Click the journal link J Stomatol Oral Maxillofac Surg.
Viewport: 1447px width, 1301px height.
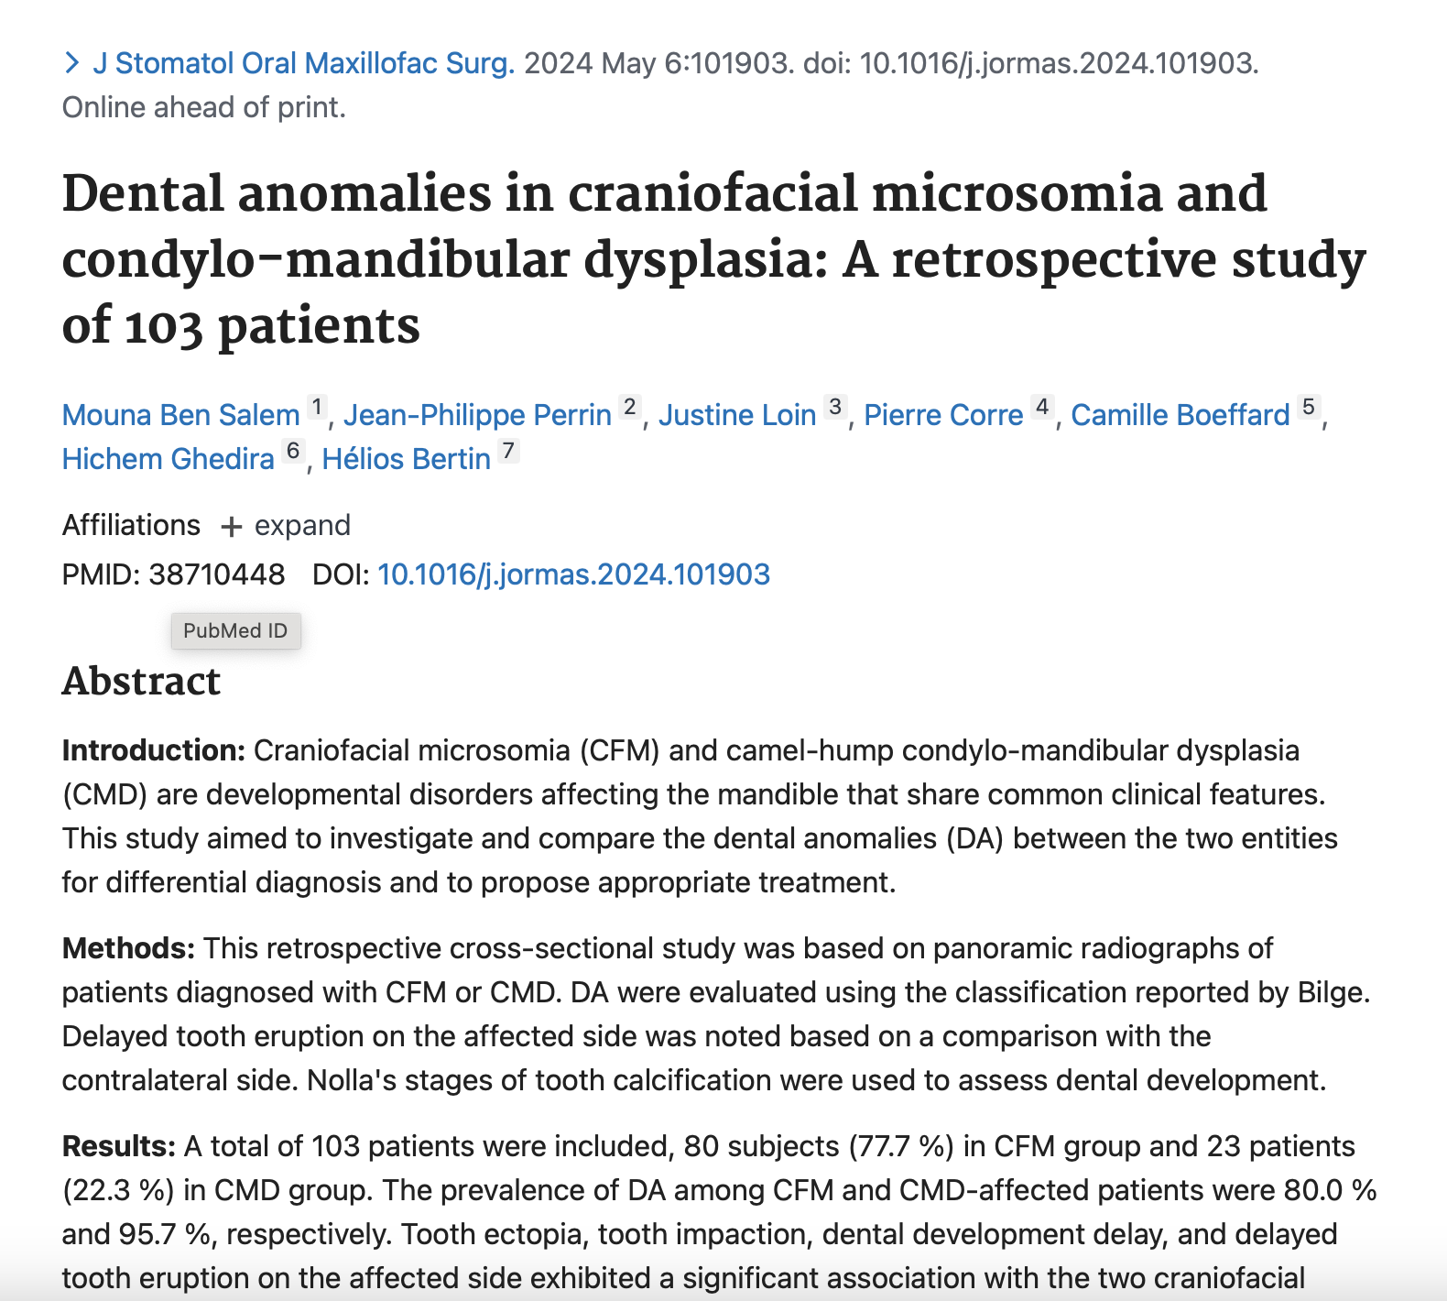pos(304,63)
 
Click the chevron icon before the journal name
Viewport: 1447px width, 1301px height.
pos(71,63)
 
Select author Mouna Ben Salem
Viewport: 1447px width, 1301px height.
pos(181,415)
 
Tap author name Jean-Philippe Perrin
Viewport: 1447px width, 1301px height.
pos(477,415)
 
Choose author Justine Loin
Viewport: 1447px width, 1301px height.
pos(737,415)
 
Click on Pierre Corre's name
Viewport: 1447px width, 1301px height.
pos(944,415)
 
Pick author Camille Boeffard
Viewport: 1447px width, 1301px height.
pos(1180,415)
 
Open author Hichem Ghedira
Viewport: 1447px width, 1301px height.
pos(169,459)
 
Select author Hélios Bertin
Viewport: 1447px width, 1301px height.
pos(407,459)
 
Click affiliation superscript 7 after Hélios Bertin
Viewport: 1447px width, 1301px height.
pos(509,451)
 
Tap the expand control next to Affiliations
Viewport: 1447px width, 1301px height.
pos(286,526)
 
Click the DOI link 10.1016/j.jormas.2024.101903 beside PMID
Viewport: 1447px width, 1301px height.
pos(574,574)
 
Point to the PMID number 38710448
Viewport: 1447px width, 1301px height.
pos(217,574)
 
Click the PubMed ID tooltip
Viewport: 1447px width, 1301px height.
pos(235,631)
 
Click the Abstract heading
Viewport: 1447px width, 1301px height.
pos(141,682)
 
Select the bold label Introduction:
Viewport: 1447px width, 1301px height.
pos(154,750)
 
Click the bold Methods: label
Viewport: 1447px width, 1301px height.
pos(129,948)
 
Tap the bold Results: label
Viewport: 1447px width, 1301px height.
pos(119,1146)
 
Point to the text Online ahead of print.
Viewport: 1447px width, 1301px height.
pos(204,108)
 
